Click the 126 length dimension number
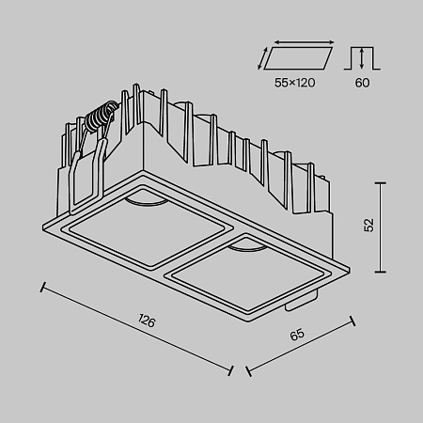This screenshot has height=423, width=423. tap(146, 321)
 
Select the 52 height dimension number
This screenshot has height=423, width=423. tap(369, 226)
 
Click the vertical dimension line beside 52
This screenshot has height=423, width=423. tap(381, 226)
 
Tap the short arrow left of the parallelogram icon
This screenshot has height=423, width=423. tap(264, 60)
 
